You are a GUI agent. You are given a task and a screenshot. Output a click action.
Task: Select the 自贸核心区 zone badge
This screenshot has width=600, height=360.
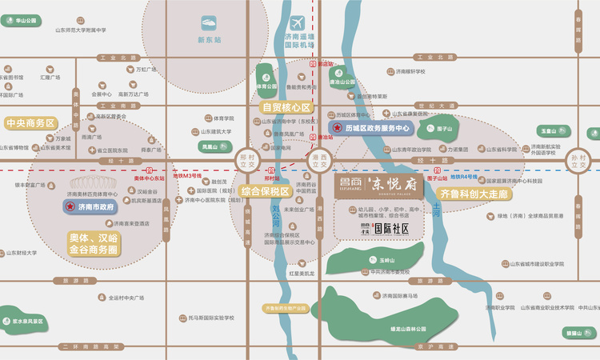(286, 106)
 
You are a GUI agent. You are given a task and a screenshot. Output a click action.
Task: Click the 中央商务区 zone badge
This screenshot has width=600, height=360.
(30, 123)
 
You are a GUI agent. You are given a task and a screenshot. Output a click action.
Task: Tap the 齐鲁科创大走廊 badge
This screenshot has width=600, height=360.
(477, 193)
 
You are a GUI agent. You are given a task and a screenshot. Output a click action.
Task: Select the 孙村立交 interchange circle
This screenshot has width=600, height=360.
(579, 162)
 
